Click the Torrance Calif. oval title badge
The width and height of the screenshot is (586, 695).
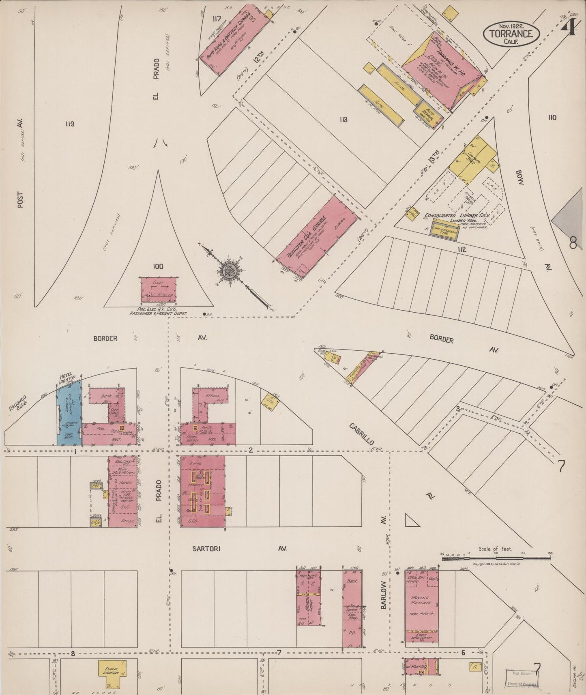pyautogui.click(x=511, y=34)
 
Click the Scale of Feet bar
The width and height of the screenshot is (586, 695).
pyautogui.click(x=496, y=558)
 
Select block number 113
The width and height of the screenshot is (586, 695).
pyautogui.click(x=343, y=120)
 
